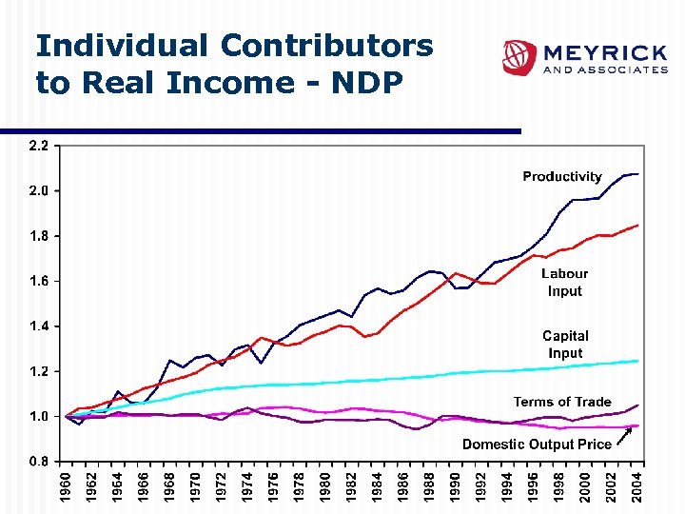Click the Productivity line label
point(561,176)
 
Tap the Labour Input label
point(564,283)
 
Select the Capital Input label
point(565,344)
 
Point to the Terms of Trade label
point(562,402)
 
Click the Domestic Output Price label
point(537,445)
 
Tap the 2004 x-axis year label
point(637,487)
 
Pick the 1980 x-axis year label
point(325,487)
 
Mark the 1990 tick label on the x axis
point(456,487)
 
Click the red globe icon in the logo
point(520,58)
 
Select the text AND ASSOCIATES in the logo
point(604,70)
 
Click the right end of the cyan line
point(636,361)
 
